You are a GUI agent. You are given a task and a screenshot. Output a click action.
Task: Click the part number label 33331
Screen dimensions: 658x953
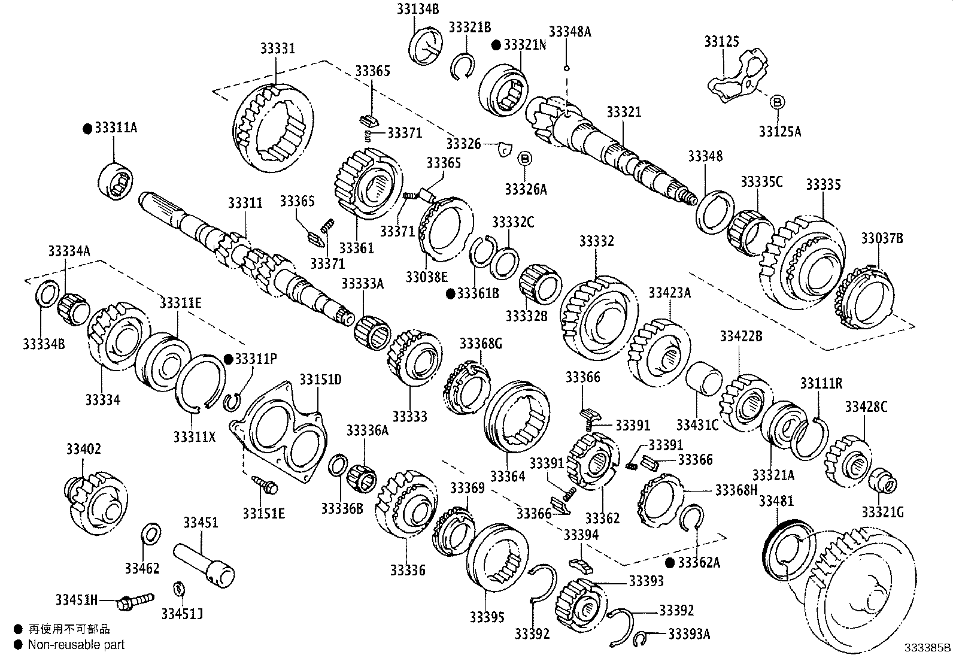(277, 48)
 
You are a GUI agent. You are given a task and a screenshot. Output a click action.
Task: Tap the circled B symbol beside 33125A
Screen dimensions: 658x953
(776, 102)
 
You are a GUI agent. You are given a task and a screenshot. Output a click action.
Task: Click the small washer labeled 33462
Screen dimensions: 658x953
(150, 532)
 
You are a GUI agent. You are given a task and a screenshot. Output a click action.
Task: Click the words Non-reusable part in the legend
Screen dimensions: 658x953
(76, 645)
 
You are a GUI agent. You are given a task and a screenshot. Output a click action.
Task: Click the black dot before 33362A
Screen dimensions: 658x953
(670, 562)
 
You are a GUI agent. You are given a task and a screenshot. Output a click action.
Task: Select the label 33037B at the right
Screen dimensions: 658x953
(882, 238)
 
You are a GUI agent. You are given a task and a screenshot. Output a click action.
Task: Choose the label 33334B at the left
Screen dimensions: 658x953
(44, 344)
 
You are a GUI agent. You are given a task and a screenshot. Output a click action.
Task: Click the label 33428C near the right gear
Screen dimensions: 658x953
(866, 407)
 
